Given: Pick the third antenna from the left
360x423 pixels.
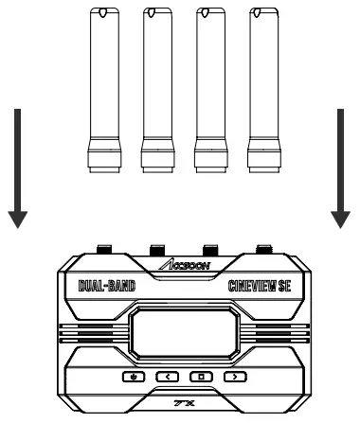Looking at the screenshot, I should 205,85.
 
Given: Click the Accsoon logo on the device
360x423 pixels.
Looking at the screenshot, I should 179,265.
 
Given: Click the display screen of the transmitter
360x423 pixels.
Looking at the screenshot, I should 179,331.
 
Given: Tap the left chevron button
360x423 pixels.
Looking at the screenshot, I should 168,377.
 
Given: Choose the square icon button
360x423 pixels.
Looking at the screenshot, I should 200,377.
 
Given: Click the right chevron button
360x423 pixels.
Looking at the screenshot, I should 232,377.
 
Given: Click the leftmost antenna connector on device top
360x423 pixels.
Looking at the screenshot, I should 103,251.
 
